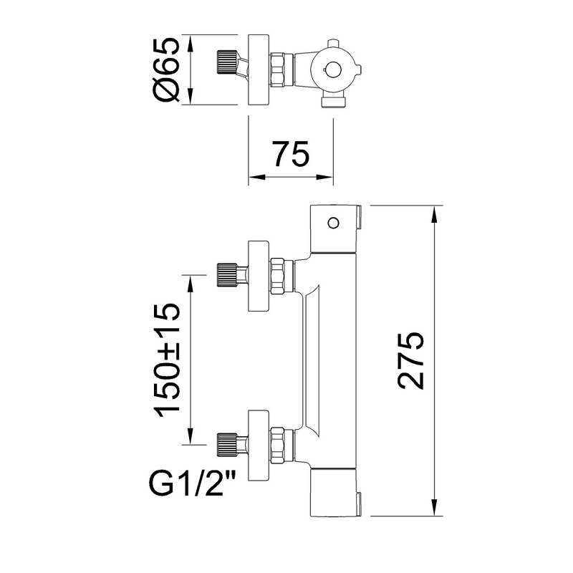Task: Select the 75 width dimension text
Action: pyautogui.click(x=290, y=154)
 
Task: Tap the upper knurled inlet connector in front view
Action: pyautogui.click(x=227, y=275)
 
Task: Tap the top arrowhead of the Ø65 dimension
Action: pyautogui.click(x=190, y=40)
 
